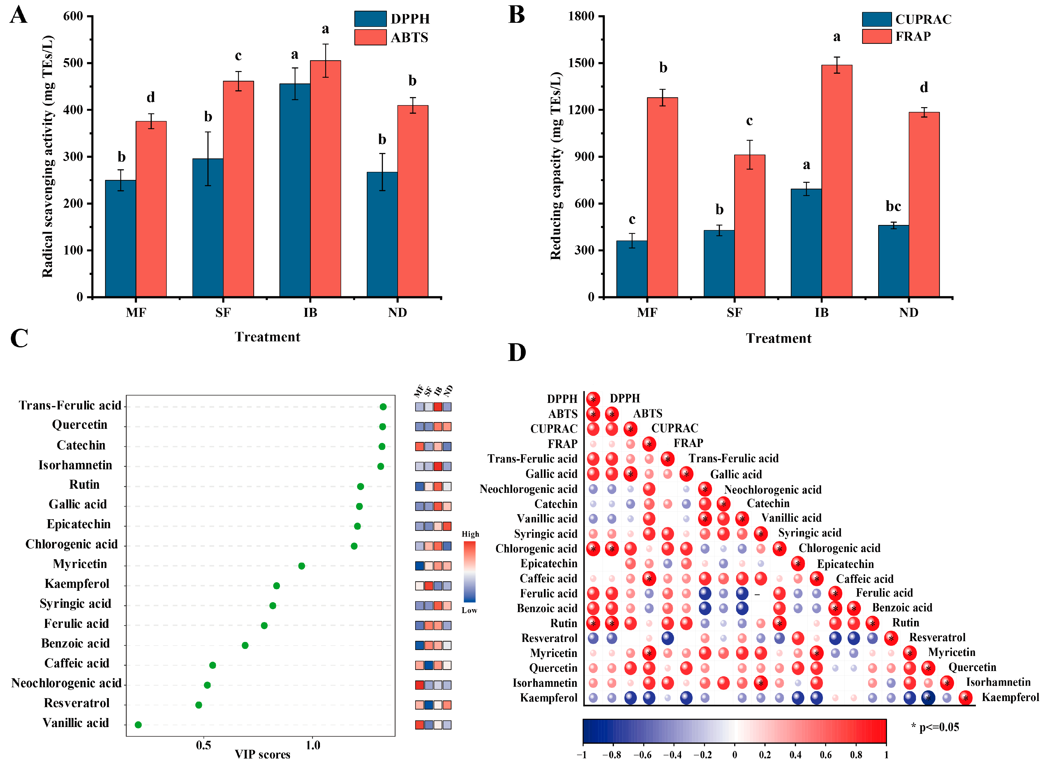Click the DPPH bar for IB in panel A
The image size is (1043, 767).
(295, 190)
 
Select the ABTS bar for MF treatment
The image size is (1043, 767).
(151, 209)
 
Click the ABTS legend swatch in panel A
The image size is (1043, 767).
(370, 37)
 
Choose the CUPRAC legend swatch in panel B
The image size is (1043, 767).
(876, 19)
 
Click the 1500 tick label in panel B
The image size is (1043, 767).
(581, 63)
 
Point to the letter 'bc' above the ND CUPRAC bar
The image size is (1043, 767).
(893, 206)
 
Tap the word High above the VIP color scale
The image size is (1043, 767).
(470, 534)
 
